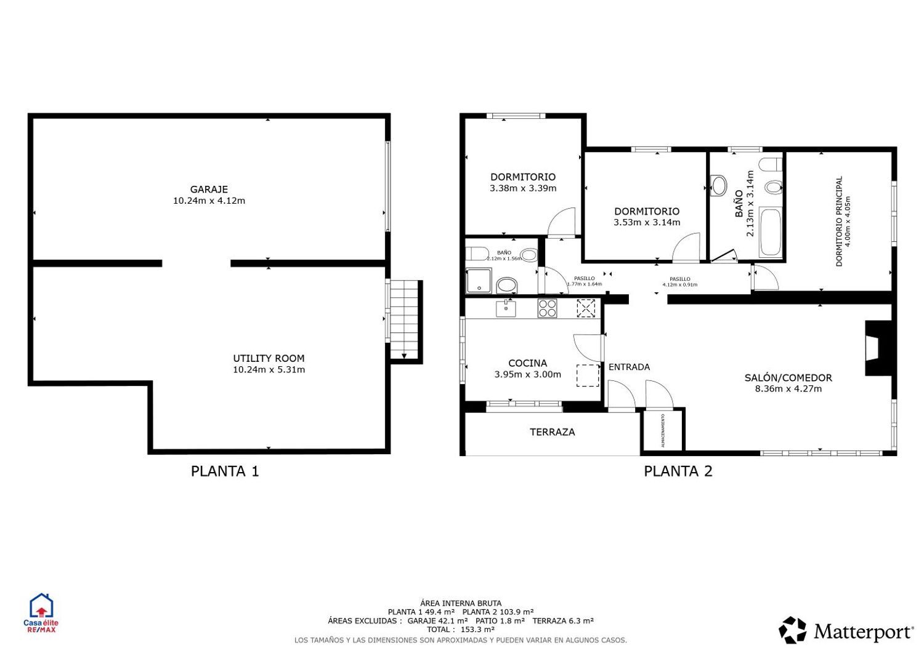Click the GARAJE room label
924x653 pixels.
click(x=209, y=190)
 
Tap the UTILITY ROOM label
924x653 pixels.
click(x=269, y=358)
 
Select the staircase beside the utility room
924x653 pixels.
click(x=404, y=320)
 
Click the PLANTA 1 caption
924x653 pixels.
click(x=225, y=471)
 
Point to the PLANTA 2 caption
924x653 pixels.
click(x=678, y=471)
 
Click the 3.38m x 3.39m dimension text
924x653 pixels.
click(x=523, y=188)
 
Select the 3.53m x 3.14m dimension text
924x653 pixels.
click(x=647, y=222)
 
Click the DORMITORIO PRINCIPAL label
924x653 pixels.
click(x=839, y=222)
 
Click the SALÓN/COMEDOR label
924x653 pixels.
click(x=788, y=378)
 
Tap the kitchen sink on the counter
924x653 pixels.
click(x=506, y=308)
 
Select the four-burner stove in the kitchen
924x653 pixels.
click(x=547, y=308)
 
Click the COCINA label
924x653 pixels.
click(x=527, y=363)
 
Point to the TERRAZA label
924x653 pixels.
click(x=552, y=432)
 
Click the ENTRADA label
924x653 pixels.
click(x=629, y=367)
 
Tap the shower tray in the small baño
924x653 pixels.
click(x=479, y=281)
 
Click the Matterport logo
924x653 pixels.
click(x=846, y=631)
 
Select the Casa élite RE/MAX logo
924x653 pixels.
click(x=41, y=613)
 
